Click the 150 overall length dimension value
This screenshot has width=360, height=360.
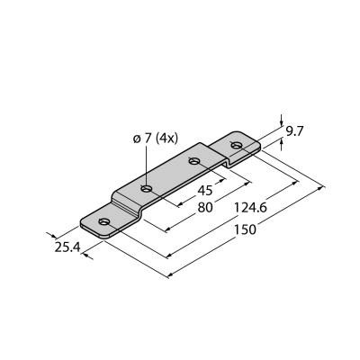[x=245, y=229]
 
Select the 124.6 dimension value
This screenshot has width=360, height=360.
[x=250, y=207]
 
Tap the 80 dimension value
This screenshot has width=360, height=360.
[x=205, y=207]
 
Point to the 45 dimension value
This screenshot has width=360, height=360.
[x=205, y=190]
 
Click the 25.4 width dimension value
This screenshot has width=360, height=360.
[x=67, y=247]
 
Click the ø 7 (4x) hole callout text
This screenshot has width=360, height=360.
[x=156, y=139]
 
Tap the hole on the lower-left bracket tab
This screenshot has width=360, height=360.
[x=103, y=221]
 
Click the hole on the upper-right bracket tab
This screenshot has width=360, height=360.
[x=236, y=146]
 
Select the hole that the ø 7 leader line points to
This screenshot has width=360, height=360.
[x=147, y=189]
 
